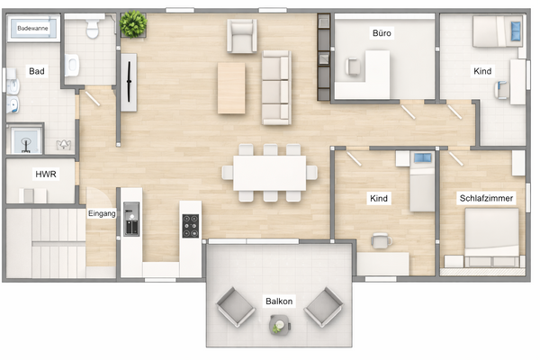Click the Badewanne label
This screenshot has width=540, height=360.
tap(33, 29)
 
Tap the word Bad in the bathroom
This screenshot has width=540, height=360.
tap(37, 70)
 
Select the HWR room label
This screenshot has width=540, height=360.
tap(45, 174)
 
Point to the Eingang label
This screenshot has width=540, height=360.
tap(101, 213)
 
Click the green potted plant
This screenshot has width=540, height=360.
tap(134, 24)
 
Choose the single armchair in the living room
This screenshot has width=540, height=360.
tap(242, 37)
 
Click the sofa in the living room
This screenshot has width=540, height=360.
tap(276, 87)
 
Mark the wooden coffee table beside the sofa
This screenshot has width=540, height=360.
tap(231, 87)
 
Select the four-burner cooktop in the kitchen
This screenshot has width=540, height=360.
tap(191, 225)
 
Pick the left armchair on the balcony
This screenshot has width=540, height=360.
tap(235, 309)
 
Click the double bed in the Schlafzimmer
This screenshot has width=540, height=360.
tap(491, 238)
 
